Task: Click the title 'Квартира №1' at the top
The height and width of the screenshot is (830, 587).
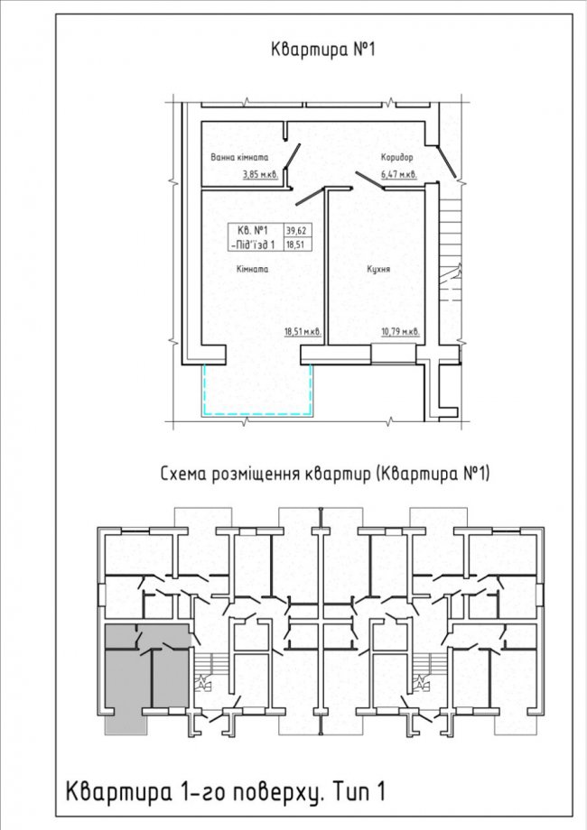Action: click(322, 50)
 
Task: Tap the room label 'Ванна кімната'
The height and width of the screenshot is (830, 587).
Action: click(239, 157)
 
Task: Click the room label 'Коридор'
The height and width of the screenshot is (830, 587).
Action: click(396, 157)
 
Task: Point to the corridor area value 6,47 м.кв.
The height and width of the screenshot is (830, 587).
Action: click(399, 174)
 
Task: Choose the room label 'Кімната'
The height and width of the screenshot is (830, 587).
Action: click(252, 269)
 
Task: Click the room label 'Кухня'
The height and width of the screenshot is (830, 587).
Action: click(378, 269)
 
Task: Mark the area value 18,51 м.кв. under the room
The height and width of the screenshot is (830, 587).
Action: click(303, 332)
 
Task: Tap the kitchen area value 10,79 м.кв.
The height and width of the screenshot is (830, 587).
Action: click(401, 332)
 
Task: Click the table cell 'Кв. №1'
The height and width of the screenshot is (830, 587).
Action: click(253, 230)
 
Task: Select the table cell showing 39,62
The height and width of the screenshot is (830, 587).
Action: click(297, 230)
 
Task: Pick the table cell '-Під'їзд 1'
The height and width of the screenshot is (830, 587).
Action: click(253, 244)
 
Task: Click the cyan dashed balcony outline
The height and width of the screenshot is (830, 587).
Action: click(257, 413)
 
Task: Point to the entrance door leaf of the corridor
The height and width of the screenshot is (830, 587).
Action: click(448, 162)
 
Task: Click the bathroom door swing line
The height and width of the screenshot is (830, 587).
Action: click(293, 157)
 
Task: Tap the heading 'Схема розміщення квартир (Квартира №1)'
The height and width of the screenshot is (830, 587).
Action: click(325, 474)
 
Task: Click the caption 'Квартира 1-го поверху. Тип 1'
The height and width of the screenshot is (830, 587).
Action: click(225, 791)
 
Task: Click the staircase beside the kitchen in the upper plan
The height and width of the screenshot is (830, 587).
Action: click(452, 249)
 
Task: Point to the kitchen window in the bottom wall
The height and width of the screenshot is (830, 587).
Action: click(393, 354)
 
